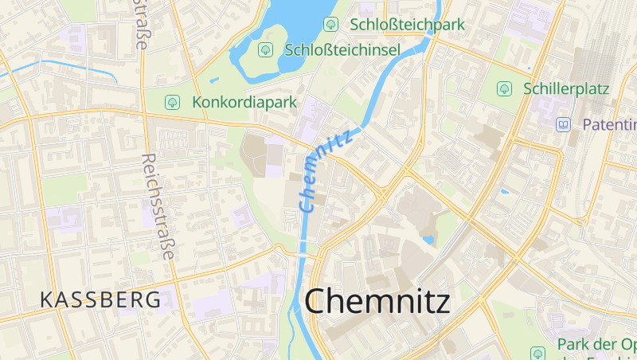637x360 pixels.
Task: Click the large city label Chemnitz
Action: pyautogui.click(x=377, y=302)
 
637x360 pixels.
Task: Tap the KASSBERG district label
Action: pyautogui.click(x=100, y=300)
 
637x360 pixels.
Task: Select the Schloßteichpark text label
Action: pyautogui.click(x=407, y=25)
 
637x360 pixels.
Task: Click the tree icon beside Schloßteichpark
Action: pyautogui.click(x=331, y=25)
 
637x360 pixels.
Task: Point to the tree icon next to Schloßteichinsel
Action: pyautogui.click(x=265, y=50)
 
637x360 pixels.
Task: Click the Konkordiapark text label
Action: pyautogui.click(x=244, y=102)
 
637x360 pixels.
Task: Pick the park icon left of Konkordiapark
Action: pyautogui.click(x=171, y=102)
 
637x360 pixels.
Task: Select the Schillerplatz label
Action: pyautogui.click(x=566, y=88)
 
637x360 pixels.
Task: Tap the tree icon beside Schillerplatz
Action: pyautogui.click(x=504, y=88)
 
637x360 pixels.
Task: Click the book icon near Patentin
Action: pyautogui.click(x=564, y=124)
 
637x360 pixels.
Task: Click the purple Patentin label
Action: pyautogui.click(x=609, y=124)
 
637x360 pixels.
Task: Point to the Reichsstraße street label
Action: pyautogui.click(x=157, y=206)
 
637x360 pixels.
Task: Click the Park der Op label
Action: pyautogui.click(x=596, y=344)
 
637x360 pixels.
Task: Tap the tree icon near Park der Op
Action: pyautogui.click(x=537, y=352)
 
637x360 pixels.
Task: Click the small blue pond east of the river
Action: pyautogui.click(x=428, y=239)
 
